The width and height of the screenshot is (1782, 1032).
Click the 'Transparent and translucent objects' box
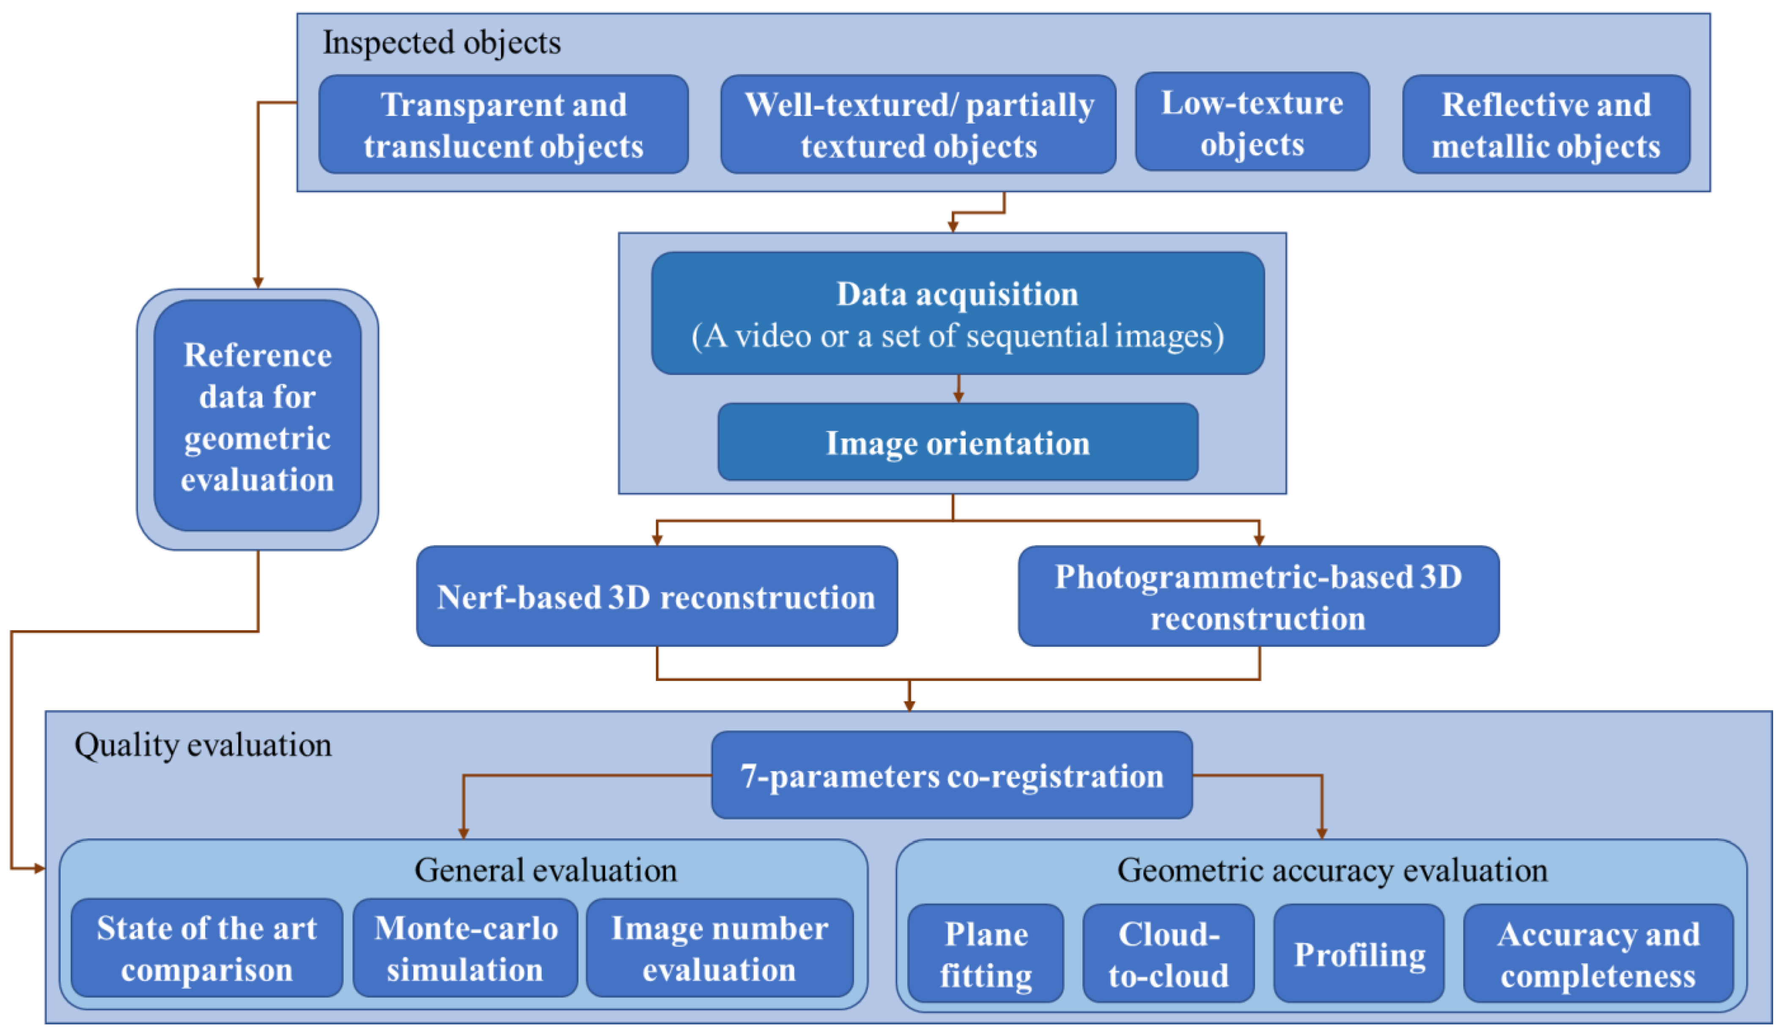(x=503, y=124)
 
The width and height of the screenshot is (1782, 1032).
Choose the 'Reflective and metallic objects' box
(x=1546, y=124)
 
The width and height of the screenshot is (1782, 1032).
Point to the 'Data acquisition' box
(x=958, y=313)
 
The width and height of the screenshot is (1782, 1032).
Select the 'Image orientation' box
(x=958, y=442)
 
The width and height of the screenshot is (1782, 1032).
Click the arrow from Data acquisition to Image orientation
(x=958, y=389)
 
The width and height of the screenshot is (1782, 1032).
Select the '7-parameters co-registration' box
(x=951, y=775)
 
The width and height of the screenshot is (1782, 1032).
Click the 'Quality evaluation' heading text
(x=203, y=745)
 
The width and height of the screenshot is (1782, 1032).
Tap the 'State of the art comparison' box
(x=206, y=948)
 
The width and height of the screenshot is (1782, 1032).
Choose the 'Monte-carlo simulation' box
(x=465, y=948)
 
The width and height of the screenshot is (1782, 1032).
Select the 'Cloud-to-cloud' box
(x=1168, y=953)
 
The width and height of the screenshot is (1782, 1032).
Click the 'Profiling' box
(x=1359, y=953)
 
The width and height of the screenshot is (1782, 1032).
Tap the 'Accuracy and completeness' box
(x=1598, y=953)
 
